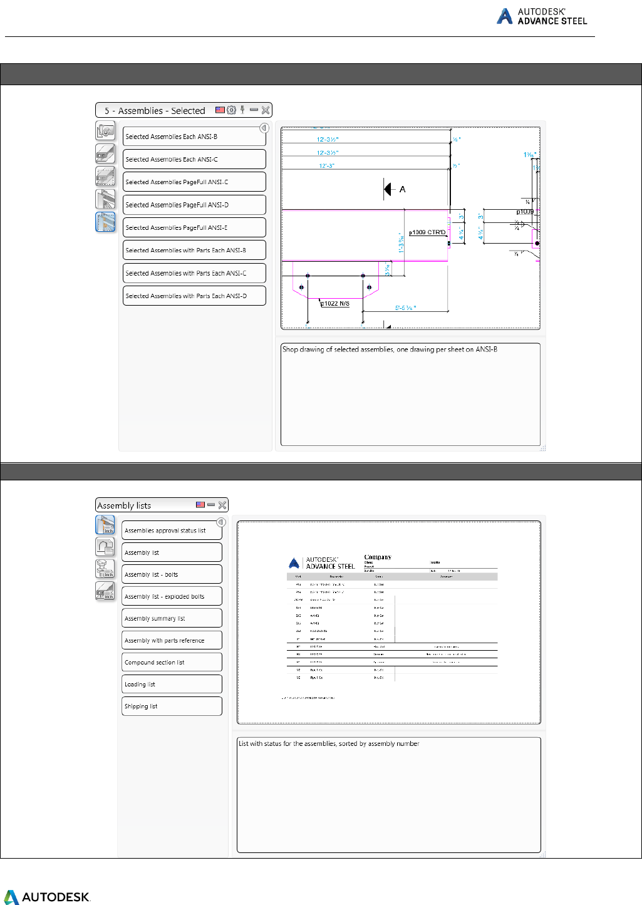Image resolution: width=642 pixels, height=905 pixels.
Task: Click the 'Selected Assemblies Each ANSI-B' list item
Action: point(194,137)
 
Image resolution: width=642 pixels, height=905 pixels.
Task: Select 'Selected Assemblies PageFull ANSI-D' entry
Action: point(194,205)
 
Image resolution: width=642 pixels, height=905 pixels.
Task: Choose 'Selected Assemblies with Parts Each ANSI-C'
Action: point(194,273)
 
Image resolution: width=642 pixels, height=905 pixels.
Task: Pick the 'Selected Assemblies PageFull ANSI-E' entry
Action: point(194,227)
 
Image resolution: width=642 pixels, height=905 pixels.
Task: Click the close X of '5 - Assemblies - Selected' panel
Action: point(266,110)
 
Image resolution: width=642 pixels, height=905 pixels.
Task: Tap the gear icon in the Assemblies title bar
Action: point(231,110)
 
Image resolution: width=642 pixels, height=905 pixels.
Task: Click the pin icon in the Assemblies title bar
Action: point(242,110)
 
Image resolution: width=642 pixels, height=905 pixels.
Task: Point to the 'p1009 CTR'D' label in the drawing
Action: point(427,232)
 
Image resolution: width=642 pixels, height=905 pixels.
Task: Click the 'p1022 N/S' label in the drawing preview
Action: point(336,304)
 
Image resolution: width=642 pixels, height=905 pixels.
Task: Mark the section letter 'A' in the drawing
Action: point(402,189)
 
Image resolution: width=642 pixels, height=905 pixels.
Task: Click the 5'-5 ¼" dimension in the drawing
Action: point(405,308)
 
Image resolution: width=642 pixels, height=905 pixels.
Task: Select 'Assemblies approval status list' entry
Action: point(172,530)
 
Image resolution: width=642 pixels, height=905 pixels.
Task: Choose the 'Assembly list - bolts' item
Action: point(172,574)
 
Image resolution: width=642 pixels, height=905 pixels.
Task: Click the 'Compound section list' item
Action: point(172,662)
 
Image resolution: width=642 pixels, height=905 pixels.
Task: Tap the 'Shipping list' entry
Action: point(172,706)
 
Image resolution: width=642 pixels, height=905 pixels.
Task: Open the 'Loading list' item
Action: point(172,684)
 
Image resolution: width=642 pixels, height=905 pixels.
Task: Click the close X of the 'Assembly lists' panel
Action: point(222,505)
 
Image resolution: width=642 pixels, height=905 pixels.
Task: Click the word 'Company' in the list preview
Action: point(378,557)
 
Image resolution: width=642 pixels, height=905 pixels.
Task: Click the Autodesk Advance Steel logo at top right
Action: point(542,16)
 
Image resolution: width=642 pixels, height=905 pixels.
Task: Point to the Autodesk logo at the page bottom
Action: point(47,897)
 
